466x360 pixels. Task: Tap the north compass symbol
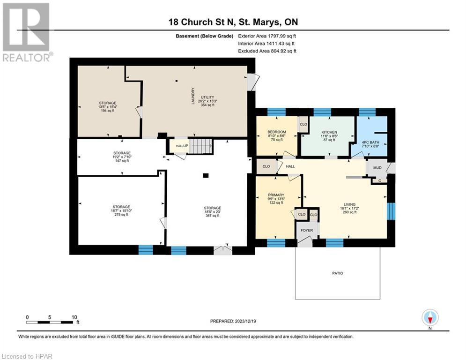pos(429,318)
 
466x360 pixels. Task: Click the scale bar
pos(52,322)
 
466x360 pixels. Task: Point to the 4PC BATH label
pos(370,142)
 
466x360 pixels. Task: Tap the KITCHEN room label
pos(329,132)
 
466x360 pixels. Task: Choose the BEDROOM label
pos(276,132)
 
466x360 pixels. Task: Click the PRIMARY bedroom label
pos(276,195)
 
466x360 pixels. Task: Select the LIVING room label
pos(349,205)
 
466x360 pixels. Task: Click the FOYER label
pos(306,230)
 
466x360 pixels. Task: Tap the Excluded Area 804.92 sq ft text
pos(267,51)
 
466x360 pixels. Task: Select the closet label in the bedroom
pos(303,125)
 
